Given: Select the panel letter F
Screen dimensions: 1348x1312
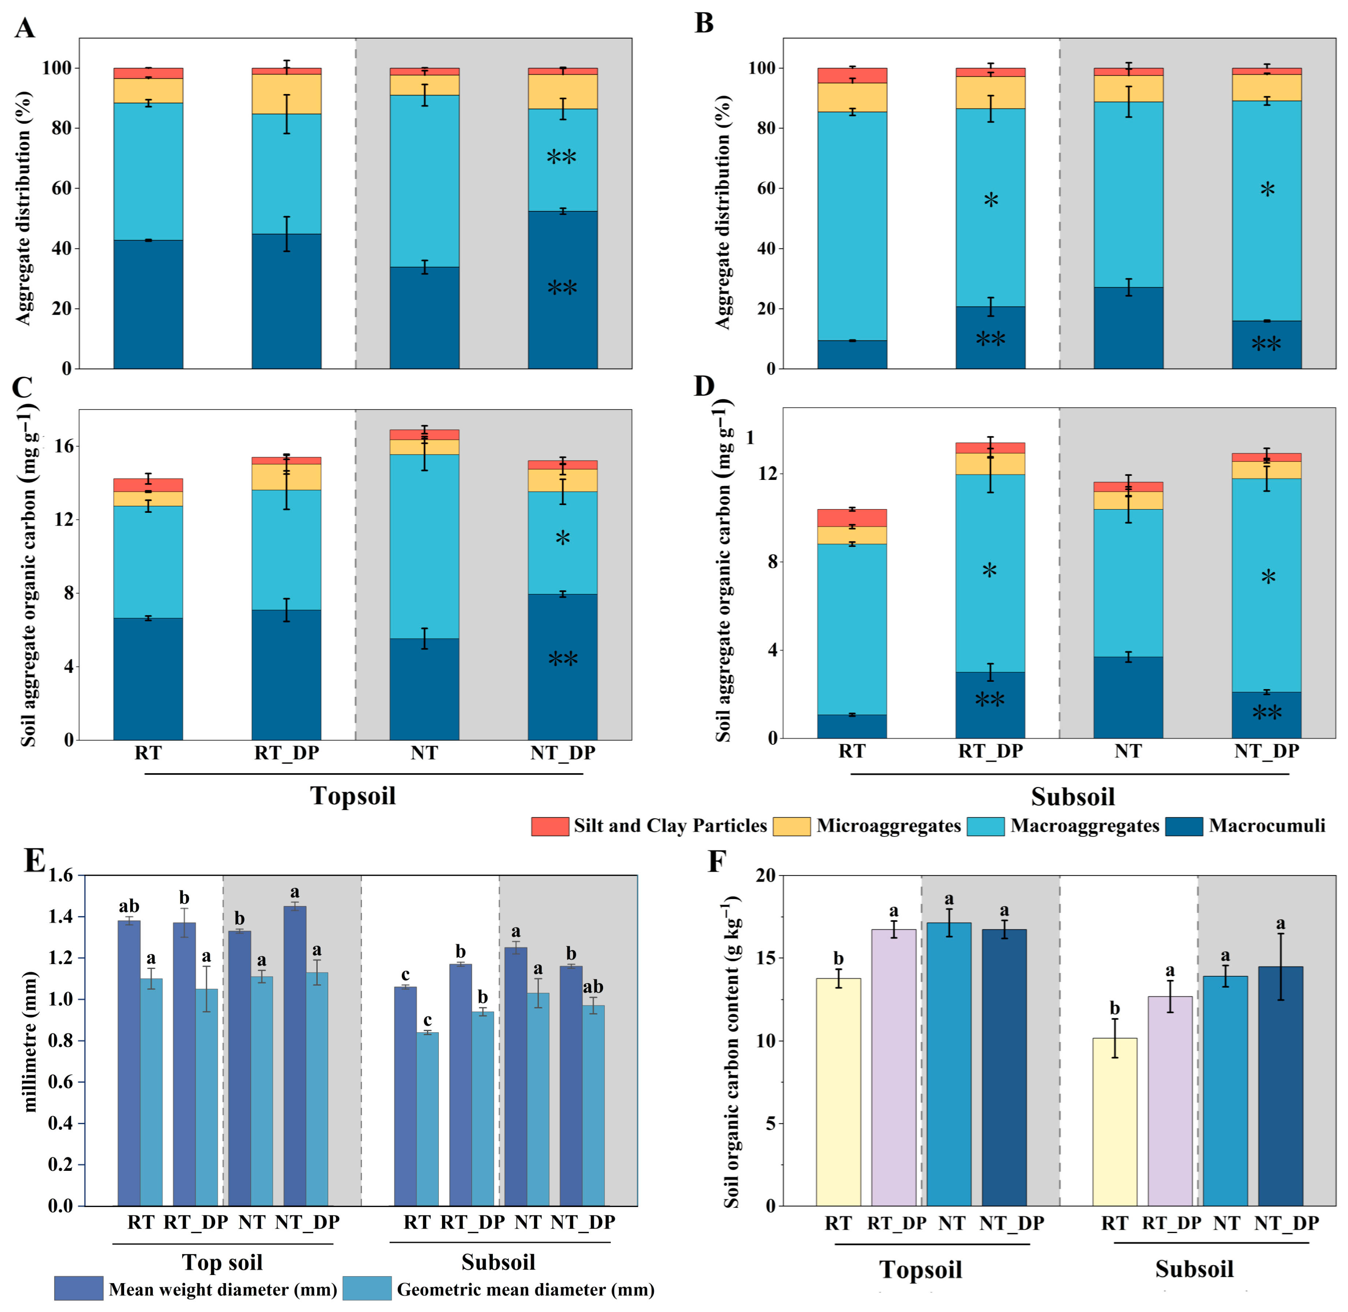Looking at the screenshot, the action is [x=718, y=861].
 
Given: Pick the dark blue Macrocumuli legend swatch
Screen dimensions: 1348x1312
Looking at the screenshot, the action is [x=1184, y=826].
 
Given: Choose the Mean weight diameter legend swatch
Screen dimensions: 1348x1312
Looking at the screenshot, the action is [x=79, y=1289].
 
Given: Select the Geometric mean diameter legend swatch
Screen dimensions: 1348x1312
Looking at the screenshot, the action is [x=367, y=1289].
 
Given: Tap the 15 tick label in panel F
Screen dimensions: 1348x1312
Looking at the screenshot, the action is [x=765, y=959].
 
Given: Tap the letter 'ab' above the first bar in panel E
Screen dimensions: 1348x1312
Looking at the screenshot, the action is [x=129, y=906].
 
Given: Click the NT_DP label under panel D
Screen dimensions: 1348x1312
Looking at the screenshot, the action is [x=1267, y=751].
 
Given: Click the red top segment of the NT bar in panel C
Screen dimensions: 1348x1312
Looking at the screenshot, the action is [x=424, y=435].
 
